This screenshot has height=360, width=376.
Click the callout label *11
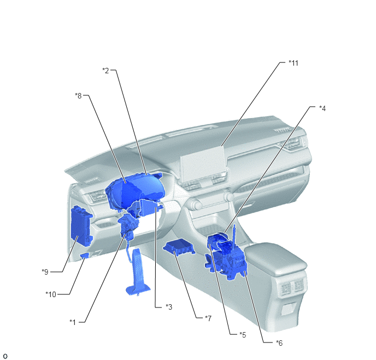point(293,63)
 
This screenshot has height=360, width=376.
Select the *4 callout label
point(322,108)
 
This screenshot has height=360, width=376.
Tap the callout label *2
point(105,71)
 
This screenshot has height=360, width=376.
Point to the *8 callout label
point(78,96)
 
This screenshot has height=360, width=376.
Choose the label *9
point(45,272)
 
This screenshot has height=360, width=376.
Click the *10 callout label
point(51,294)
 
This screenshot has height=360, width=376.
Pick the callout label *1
point(73,322)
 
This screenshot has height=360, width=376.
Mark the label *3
point(169,307)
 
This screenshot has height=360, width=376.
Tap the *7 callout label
point(208,318)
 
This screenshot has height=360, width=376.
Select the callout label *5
point(243,335)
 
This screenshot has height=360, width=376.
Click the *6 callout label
point(279,343)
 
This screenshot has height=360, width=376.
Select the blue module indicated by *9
point(81,225)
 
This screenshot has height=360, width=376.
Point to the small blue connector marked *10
point(85,256)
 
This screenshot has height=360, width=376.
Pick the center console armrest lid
point(276,258)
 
